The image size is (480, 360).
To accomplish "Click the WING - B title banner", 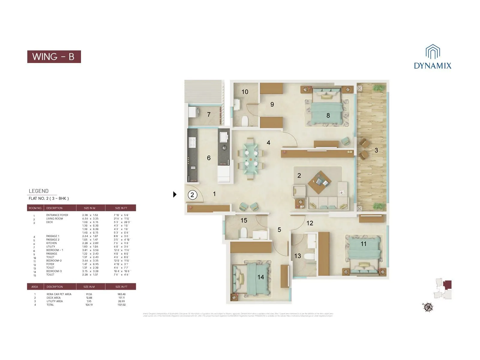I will tap(54, 57).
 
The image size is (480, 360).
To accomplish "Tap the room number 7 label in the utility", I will tap(209, 114).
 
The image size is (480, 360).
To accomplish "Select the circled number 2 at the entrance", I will tap(192, 195).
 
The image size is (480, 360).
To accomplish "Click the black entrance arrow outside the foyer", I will tap(175, 194).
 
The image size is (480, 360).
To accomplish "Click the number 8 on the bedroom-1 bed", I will tap(328, 115).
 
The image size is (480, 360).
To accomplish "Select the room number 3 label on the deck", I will tap(376, 150).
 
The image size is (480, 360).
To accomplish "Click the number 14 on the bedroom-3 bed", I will tap(260, 277).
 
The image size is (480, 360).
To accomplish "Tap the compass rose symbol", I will tap(428, 307).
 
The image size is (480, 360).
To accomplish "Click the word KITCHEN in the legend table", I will tap(51, 243).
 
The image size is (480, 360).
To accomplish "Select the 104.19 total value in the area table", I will tap(89, 305).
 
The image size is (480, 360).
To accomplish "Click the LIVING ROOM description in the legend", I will tap(55, 219).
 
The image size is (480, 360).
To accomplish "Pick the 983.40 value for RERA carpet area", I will tap(121, 294).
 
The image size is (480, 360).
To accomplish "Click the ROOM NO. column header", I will tap(35, 208).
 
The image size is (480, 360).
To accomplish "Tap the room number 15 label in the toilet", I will tap(244, 220).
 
